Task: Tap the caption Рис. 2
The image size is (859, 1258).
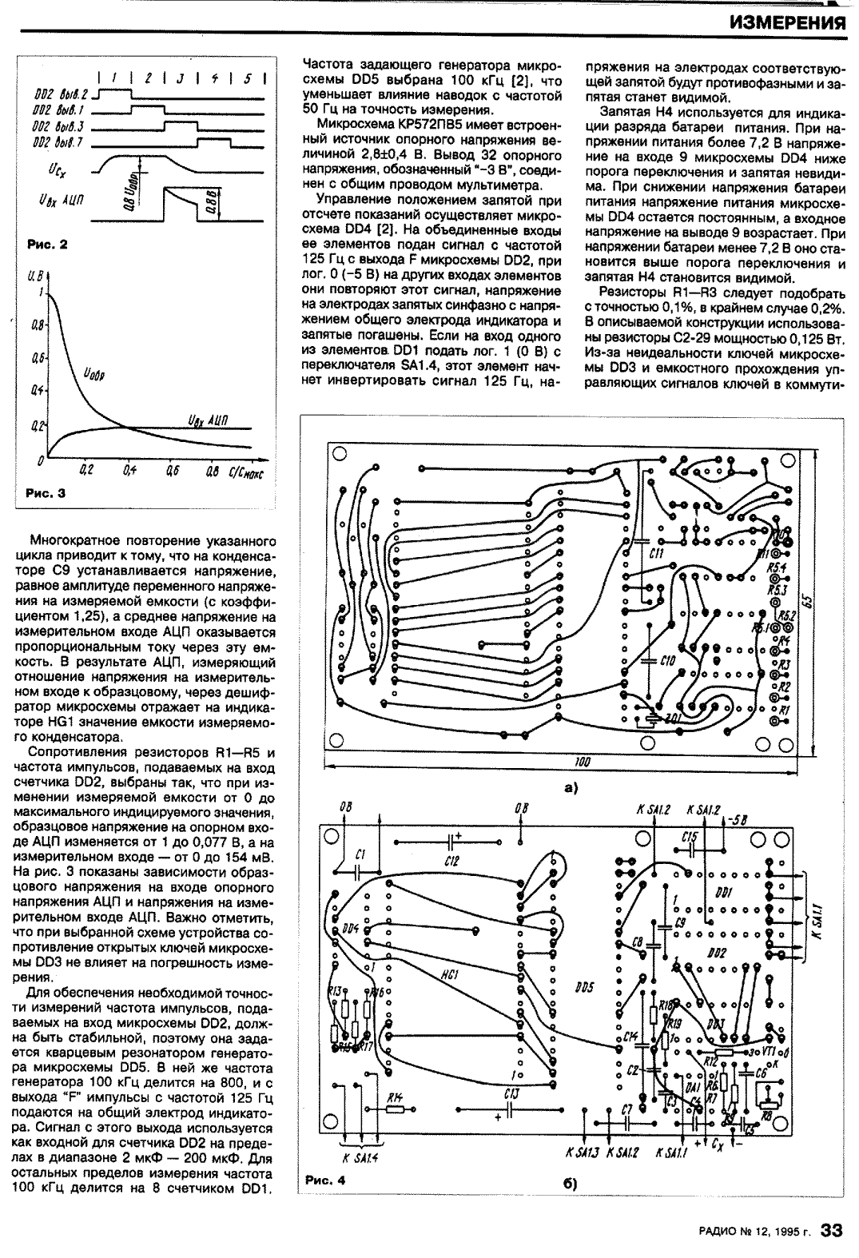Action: [46, 245]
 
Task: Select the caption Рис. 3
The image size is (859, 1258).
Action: [46, 493]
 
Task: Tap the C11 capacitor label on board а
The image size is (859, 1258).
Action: [657, 552]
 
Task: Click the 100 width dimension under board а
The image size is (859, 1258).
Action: [582, 763]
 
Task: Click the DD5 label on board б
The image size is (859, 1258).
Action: [583, 989]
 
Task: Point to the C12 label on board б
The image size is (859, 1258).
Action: [451, 861]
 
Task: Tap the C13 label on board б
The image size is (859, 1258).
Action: [512, 1093]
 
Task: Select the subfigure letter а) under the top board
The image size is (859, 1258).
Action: [570, 788]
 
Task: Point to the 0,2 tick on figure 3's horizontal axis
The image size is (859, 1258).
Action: [86, 472]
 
